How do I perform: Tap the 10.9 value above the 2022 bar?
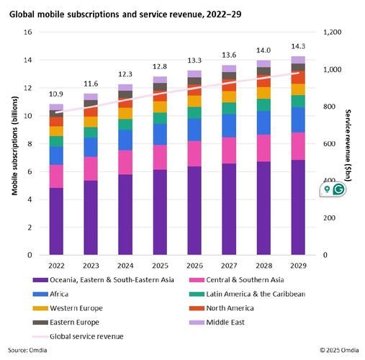tap(56, 94)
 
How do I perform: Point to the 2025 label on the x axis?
tap(160, 264)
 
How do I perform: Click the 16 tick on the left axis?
tap(29, 33)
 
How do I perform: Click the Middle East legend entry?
tap(228, 322)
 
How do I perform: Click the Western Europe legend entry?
tap(71, 308)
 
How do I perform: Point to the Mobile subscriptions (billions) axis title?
tap(14, 144)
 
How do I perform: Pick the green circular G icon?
tap(338, 189)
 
